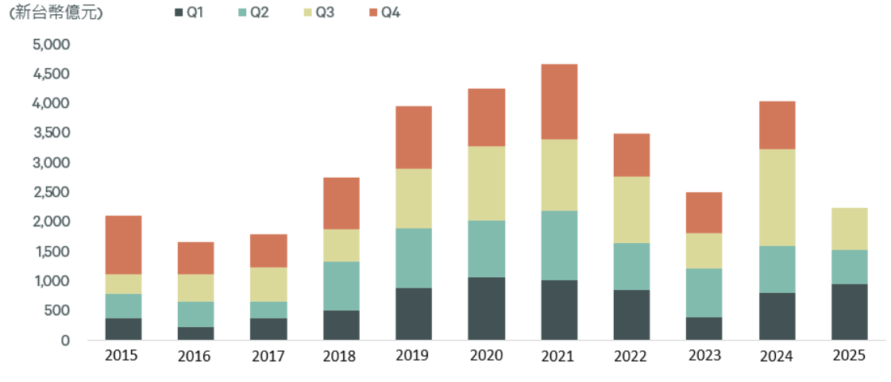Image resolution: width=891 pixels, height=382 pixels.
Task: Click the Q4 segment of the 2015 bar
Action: tap(123, 245)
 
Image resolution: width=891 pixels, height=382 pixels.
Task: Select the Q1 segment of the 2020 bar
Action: tap(487, 308)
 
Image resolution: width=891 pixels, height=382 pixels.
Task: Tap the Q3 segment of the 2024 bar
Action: tap(777, 197)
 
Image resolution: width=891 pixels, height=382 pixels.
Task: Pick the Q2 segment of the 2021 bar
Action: tap(559, 245)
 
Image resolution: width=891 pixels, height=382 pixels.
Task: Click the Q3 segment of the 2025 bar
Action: tap(849, 229)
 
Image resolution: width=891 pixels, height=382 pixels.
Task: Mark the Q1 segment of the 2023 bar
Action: tap(704, 328)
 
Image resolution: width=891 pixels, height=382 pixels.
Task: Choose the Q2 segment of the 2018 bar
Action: tap(341, 285)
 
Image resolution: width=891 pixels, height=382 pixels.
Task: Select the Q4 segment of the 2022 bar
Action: tap(631, 155)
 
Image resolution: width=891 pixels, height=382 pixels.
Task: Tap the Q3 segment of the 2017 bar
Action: tap(268, 284)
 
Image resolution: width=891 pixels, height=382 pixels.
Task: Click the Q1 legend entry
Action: tap(189, 13)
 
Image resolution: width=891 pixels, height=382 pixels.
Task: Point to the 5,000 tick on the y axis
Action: tap(52, 44)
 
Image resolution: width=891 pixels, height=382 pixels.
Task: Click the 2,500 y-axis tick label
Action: tap(52, 192)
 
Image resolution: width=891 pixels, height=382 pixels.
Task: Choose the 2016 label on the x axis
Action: tap(195, 356)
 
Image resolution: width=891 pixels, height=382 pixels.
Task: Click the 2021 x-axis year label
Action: tap(559, 356)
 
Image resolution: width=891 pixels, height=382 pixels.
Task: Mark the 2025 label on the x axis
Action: tap(849, 356)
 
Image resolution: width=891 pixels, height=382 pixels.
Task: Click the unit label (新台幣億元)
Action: tap(56, 13)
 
